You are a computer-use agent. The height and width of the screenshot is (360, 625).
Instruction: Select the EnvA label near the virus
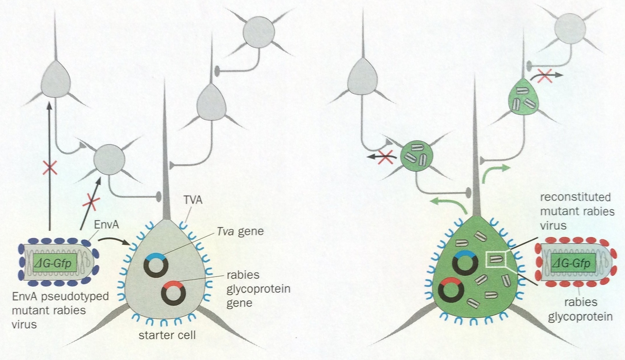click(x=106, y=225)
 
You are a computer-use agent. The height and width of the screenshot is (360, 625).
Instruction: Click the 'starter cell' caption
click(x=167, y=335)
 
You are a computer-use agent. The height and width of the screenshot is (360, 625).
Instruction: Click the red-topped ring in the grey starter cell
click(x=173, y=293)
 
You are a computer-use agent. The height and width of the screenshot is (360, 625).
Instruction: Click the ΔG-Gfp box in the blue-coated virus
click(x=55, y=263)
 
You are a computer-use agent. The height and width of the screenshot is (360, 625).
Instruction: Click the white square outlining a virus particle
click(x=496, y=259)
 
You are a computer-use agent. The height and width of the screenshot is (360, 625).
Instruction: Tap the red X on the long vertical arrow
click(x=50, y=168)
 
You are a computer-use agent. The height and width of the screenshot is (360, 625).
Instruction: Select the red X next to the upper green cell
click(x=544, y=76)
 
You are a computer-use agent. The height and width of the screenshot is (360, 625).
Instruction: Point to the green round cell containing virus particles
click(x=417, y=156)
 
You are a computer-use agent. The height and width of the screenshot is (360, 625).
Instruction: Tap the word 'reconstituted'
click(x=575, y=197)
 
